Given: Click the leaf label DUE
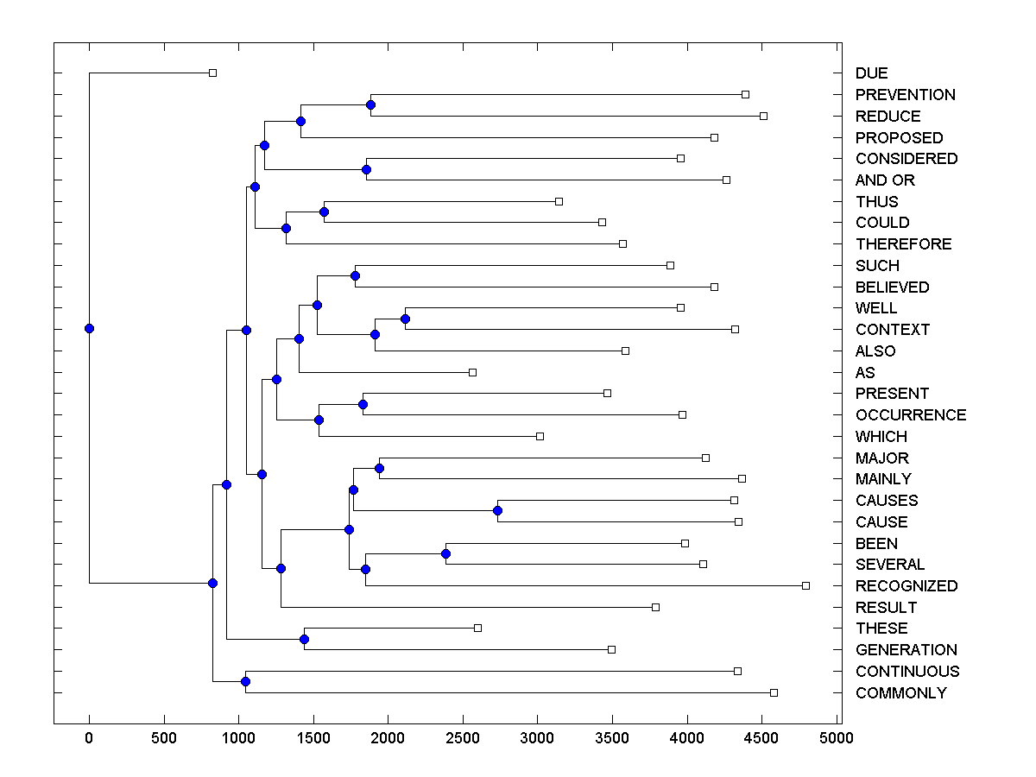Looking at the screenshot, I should click(x=871, y=73).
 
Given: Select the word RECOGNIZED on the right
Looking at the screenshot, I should click(x=906, y=586).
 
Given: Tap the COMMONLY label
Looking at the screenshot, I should click(x=900, y=693).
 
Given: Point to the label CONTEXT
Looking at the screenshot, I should click(x=893, y=330).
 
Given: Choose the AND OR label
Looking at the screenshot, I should click(x=885, y=180).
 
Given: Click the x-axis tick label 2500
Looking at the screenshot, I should click(x=463, y=738).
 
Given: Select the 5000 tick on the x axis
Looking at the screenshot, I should click(x=837, y=738).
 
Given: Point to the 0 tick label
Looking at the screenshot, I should click(x=89, y=738).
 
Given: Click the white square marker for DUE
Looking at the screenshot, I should click(x=213, y=73).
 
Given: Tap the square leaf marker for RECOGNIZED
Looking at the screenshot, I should click(x=805, y=585).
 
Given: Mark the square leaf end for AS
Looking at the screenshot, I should click(x=472, y=372).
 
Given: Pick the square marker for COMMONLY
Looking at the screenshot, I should click(x=774, y=692).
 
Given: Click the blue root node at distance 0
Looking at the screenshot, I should click(x=89, y=328).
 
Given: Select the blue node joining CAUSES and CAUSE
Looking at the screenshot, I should click(x=497, y=510).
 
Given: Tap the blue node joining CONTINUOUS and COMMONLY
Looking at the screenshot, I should click(x=245, y=682).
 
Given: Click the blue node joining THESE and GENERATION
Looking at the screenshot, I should click(x=304, y=639).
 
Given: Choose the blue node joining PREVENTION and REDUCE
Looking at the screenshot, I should click(x=370, y=105).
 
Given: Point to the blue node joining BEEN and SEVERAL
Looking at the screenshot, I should click(x=445, y=553).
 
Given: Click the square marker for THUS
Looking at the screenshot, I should click(x=559, y=201).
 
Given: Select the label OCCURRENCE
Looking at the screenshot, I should click(x=911, y=415).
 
